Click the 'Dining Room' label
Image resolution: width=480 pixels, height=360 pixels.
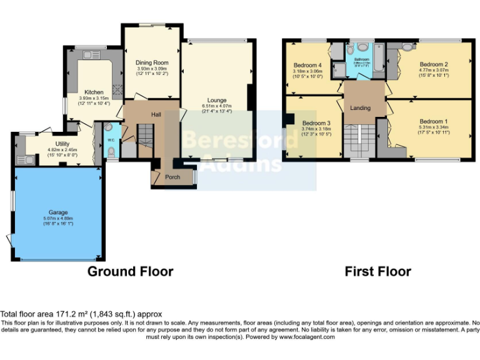coord(152,62)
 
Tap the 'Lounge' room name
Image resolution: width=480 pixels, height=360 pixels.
coord(217,100)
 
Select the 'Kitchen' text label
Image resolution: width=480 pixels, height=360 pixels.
coord(94,92)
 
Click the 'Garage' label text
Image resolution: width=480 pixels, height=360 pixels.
coord(58,212)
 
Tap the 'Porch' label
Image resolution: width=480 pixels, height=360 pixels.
coord(172,177)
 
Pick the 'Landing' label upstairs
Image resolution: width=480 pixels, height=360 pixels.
coord(360,108)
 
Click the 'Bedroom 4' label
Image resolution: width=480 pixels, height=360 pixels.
coord(307,66)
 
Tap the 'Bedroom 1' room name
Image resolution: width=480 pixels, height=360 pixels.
coord(433,121)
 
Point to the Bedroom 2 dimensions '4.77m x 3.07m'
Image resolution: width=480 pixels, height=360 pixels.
coord(433,71)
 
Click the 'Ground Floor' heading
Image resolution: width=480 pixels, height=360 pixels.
coord(130,271)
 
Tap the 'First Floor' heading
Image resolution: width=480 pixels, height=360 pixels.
coord(377,271)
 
